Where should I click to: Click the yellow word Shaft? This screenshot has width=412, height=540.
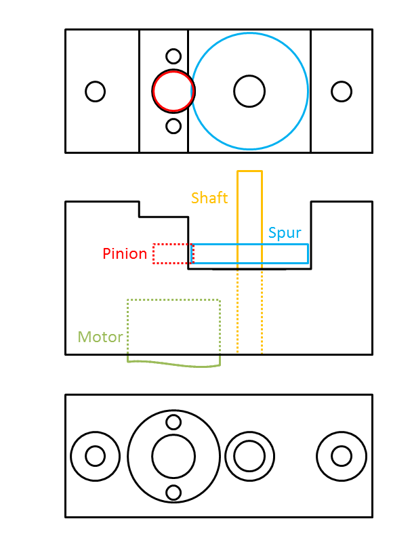pyautogui.click(x=209, y=198)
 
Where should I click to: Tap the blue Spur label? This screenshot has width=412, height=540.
pyautogui.click(x=285, y=233)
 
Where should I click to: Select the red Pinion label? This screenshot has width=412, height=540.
pyautogui.click(x=125, y=254)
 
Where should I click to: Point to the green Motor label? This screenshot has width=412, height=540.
pyautogui.click(x=100, y=337)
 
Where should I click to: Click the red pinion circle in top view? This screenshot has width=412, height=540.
pyautogui.click(x=173, y=91)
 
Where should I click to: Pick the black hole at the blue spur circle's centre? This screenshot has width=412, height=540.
pyautogui.click(x=249, y=91)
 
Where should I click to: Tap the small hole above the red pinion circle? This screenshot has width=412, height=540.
pyautogui.click(x=173, y=56)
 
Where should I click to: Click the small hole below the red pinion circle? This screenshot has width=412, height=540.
pyautogui.click(x=173, y=126)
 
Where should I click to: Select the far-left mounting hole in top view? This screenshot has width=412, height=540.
pyautogui.click(x=96, y=91)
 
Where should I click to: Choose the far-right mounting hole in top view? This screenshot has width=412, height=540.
pyautogui.click(x=342, y=91)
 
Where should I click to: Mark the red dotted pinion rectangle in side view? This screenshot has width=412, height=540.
pyautogui.click(x=173, y=253)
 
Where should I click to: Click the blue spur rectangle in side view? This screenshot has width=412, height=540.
pyautogui.click(x=285, y=253)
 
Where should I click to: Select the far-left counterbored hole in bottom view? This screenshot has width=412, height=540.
pyautogui.click(x=96, y=456)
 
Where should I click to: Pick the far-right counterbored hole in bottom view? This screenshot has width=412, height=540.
pyautogui.click(x=342, y=456)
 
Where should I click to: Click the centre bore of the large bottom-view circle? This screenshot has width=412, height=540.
pyautogui.click(x=173, y=456)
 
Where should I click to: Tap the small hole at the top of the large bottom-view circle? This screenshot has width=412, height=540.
pyautogui.click(x=173, y=422)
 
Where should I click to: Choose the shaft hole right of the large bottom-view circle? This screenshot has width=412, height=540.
pyautogui.click(x=249, y=456)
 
